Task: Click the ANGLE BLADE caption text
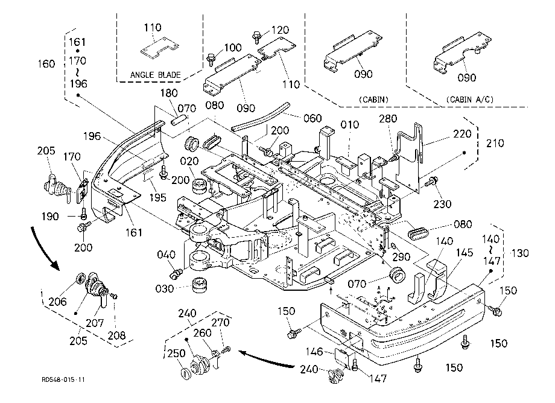pyautogui.click(x=155, y=75)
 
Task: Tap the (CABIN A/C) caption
pyautogui.click(x=469, y=100)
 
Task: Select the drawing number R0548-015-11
pyautogui.click(x=63, y=379)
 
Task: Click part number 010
pyautogui.click(x=350, y=124)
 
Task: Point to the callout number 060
pyautogui.click(x=312, y=118)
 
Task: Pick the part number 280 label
pyautogui.click(x=388, y=118)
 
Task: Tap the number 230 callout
pyautogui.click(x=442, y=204)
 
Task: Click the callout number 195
pyautogui.click(x=157, y=197)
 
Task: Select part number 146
pyautogui.click(x=314, y=351)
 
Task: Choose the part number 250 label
pyautogui.click(x=176, y=353)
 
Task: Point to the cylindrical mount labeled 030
pyautogui.click(x=199, y=285)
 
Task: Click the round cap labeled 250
pyautogui.click(x=185, y=374)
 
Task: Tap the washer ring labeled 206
pyautogui.click(x=81, y=279)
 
